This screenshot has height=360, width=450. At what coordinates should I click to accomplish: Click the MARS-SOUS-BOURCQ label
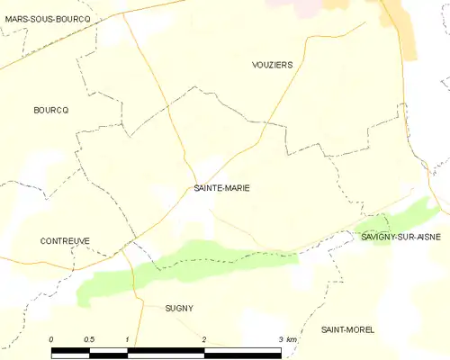point(47,19)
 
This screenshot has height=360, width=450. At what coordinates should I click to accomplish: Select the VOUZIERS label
point(273,66)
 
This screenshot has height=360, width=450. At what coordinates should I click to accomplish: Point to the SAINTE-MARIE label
point(222,188)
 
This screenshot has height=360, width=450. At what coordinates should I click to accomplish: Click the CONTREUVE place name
point(65,241)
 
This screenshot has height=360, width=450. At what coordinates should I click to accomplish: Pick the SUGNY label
point(179,308)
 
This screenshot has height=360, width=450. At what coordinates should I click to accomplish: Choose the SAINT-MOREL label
point(347,330)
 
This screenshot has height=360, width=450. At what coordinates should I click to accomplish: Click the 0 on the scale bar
point(52,338)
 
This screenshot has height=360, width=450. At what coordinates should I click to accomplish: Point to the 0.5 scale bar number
point(89,338)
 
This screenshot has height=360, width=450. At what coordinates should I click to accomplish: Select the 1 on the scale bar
point(129,338)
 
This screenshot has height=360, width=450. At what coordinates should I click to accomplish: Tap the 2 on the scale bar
point(204,338)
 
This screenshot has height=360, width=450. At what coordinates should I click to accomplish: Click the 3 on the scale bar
point(281,338)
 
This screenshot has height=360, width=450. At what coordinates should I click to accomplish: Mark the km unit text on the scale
point(292,338)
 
